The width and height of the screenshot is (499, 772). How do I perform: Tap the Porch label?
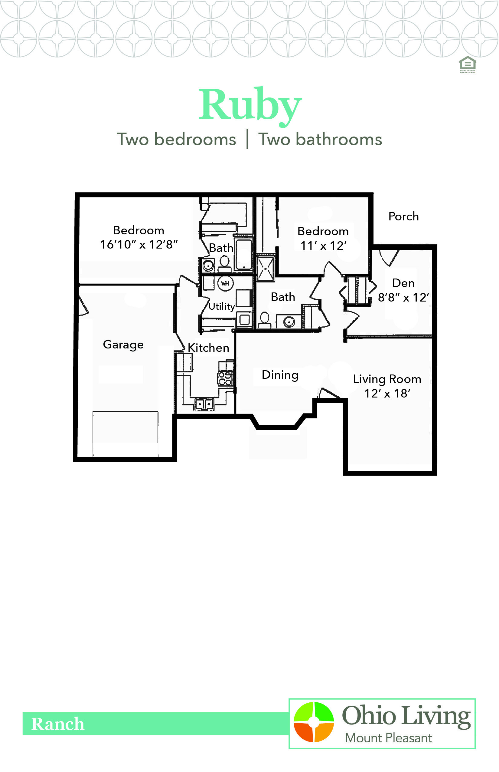(x=403, y=216)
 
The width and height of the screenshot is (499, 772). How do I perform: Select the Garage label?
(x=123, y=345)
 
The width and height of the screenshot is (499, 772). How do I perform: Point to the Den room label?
(x=403, y=283)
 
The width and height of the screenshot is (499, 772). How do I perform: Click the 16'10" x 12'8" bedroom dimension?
(x=139, y=245)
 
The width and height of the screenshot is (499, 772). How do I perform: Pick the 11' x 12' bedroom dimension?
(x=323, y=246)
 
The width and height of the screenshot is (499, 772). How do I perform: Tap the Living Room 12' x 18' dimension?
(x=387, y=394)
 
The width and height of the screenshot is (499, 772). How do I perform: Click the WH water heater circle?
(x=225, y=283)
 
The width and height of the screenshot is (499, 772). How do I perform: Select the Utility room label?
(x=222, y=306)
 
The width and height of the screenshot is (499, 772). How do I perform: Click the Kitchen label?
(x=208, y=348)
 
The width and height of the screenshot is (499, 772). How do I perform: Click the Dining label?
(x=280, y=375)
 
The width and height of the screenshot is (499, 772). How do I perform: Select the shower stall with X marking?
(x=266, y=269)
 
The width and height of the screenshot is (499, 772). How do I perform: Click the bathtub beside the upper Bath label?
(x=244, y=254)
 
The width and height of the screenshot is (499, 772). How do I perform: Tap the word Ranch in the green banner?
(x=58, y=724)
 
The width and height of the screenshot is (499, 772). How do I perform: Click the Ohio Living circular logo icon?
(x=313, y=722)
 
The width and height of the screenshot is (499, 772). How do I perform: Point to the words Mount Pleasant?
(x=388, y=738)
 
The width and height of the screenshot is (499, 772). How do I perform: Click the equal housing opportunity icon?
(x=468, y=64)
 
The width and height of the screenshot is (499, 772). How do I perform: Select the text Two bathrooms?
(x=320, y=140)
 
